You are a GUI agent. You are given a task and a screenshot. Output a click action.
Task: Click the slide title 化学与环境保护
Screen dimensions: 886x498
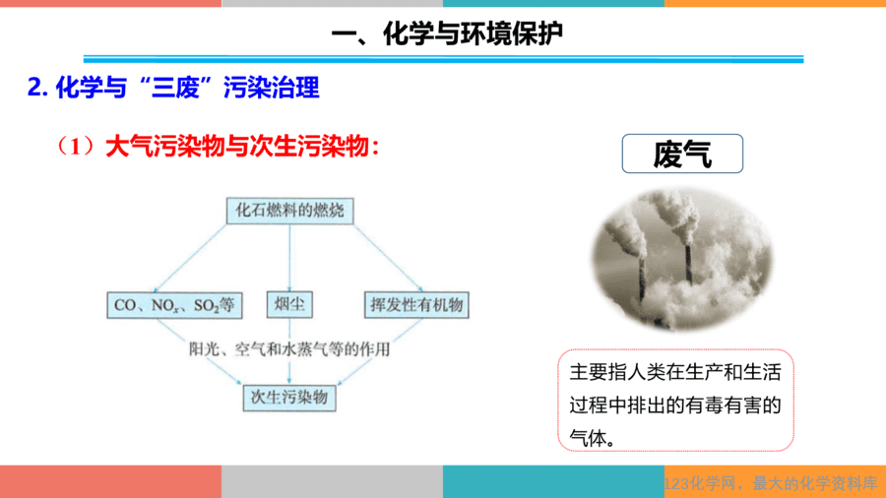473,33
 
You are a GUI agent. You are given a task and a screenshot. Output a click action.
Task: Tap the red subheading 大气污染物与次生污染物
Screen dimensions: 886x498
237,147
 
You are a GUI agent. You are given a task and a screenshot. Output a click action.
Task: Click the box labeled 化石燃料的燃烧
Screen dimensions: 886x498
289,211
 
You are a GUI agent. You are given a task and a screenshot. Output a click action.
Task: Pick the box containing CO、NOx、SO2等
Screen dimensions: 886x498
174,305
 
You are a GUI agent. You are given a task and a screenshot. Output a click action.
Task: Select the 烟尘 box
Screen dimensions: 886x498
289,304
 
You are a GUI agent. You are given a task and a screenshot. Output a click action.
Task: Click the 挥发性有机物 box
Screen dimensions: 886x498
416,305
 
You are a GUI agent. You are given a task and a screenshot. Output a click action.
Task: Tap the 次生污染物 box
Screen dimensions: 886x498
289,398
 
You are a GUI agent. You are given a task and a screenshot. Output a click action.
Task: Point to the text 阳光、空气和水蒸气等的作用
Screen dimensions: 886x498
289,349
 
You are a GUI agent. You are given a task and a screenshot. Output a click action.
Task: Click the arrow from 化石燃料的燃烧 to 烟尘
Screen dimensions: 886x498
289,258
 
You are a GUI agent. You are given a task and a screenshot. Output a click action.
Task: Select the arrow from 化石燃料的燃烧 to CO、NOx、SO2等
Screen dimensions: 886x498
190,258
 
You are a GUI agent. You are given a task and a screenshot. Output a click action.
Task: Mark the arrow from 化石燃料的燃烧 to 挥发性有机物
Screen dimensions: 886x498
388,258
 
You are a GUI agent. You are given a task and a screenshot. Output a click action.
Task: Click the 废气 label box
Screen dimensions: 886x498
682,154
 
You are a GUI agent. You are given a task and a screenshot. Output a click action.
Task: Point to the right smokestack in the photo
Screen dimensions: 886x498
688,263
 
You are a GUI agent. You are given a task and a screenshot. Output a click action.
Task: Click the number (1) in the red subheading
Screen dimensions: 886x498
75,147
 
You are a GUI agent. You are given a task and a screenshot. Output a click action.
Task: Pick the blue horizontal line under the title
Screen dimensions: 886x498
444,59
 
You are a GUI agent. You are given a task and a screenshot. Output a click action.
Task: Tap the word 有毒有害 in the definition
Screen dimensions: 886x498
732,405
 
